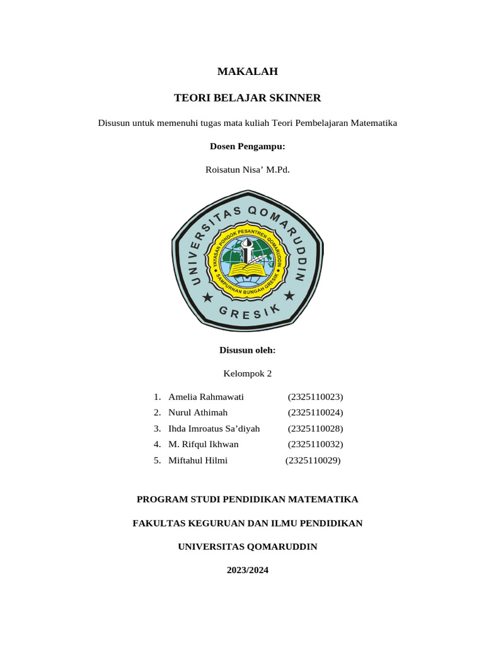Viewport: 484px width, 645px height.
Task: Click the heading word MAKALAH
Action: click(247, 72)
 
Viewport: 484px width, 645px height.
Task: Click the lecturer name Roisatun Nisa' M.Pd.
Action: click(247, 169)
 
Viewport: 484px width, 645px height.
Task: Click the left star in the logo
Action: click(207, 296)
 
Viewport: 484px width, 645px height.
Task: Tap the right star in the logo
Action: click(289, 295)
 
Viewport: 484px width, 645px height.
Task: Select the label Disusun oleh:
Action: click(247, 350)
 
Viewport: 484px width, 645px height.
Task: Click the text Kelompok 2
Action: click(247, 374)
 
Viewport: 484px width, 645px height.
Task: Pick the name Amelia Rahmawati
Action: click(206, 397)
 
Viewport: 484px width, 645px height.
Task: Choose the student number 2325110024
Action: click(315, 413)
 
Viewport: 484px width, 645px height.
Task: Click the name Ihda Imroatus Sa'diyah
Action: click(214, 428)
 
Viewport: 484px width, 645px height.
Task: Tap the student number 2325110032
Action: click(315, 444)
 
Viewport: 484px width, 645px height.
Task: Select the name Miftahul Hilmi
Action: click(198, 460)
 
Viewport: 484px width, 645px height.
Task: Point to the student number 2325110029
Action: click(313, 460)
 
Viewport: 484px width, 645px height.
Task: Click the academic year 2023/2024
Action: click(247, 570)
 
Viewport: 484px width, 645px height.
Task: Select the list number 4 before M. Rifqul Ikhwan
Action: click(157, 444)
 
